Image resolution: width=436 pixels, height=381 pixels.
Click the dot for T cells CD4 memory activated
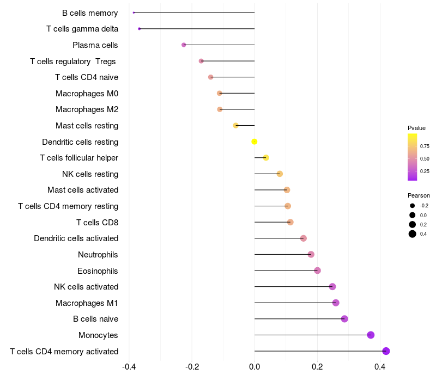(386, 351)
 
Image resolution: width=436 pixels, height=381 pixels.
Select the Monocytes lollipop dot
(371, 335)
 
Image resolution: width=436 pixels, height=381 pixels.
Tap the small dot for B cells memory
(134, 13)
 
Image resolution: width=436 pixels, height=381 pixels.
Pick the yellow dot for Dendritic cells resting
(254, 142)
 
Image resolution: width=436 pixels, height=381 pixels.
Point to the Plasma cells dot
(184, 45)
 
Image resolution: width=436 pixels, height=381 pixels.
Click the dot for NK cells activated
(332, 287)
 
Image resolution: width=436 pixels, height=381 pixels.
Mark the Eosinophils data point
(317, 271)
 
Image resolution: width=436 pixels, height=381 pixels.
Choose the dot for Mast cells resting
(235, 126)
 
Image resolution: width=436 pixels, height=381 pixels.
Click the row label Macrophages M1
(87, 303)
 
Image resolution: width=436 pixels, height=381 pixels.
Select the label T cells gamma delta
(82, 29)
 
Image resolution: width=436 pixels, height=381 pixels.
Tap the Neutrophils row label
(98, 255)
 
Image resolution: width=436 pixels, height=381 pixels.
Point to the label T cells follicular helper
(79, 158)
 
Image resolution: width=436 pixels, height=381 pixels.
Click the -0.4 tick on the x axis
(129, 367)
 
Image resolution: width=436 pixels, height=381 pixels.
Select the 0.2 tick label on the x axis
(317, 367)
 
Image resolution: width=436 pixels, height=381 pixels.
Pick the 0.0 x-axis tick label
(255, 367)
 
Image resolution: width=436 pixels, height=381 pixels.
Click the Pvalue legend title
(416, 128)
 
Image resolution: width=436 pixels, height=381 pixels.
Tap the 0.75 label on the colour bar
(425, 146)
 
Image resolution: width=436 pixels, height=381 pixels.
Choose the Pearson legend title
(419, 195)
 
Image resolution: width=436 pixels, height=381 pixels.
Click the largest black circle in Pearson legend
(413, 234)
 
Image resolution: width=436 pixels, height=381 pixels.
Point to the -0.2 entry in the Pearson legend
(424, 206)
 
